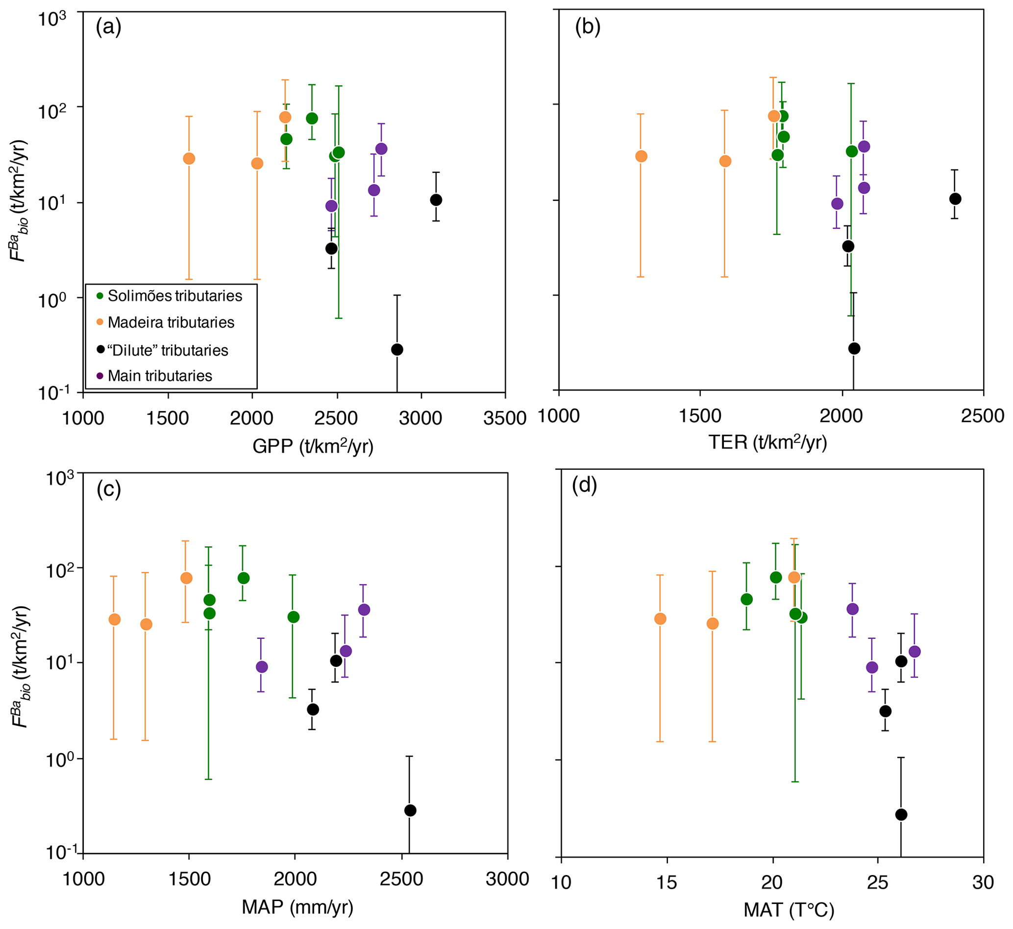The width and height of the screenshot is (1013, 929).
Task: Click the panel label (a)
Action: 109,27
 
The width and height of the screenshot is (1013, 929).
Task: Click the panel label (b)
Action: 588,27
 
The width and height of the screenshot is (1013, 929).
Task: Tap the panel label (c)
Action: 109,489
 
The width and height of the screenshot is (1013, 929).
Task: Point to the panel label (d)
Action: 585,486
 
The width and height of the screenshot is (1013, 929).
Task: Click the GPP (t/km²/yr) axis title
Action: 313,446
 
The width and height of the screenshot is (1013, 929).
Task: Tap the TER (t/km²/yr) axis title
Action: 767,442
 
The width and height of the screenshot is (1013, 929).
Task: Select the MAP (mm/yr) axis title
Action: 297,907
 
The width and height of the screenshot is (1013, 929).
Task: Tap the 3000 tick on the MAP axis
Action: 507,879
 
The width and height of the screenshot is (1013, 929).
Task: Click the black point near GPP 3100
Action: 436,200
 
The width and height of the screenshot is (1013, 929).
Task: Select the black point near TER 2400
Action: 955,199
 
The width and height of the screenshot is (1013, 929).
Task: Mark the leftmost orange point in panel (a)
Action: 189,159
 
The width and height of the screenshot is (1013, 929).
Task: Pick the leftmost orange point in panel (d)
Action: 661,619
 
